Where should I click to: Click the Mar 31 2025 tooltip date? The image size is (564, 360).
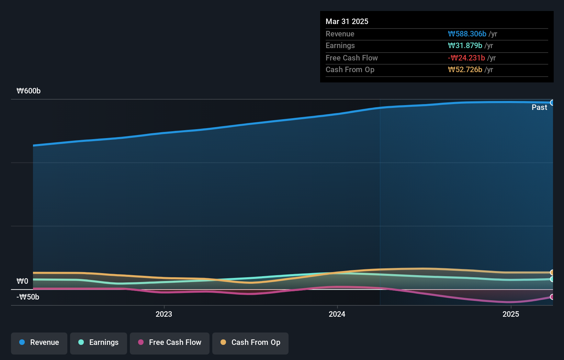[x=347, y=21]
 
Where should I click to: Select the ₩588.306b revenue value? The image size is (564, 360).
[x=467, y=34]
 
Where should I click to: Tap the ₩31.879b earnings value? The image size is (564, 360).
[x=465, y=45]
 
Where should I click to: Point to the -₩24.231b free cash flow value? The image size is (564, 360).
[x=466, y=58]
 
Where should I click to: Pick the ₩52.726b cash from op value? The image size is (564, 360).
[x=465, y=69]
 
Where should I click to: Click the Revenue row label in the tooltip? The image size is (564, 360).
[x=340, y=34]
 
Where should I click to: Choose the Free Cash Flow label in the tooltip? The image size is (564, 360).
[x=351, y=58]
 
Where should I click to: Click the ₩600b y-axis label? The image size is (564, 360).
[x=29, y=91]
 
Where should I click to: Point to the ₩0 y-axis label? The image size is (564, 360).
[x=22, y=281]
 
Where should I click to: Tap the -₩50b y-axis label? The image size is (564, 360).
[x=28, y=297]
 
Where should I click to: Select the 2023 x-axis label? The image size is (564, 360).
[x=164, y=314]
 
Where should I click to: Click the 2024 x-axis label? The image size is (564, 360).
[x=337, y=314]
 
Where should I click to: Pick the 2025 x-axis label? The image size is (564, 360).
[x=511, y=314]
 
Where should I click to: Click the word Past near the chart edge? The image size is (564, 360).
[x=539, y=107]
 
